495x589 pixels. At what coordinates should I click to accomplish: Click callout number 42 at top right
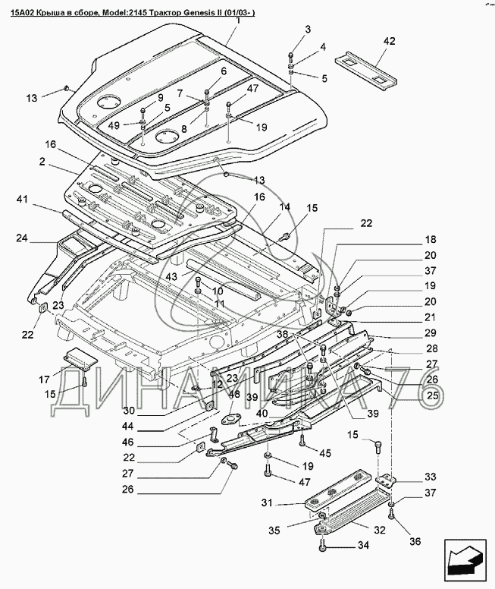coord(389,41)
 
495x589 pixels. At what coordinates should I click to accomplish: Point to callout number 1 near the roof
coord(237,21)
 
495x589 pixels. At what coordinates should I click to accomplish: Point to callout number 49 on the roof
coord(114,125)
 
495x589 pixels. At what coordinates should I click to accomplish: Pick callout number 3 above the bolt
coord(309,29)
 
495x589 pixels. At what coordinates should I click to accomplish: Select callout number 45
coord(325,454)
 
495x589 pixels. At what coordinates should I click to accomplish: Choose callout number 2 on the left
coord(44,162)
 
